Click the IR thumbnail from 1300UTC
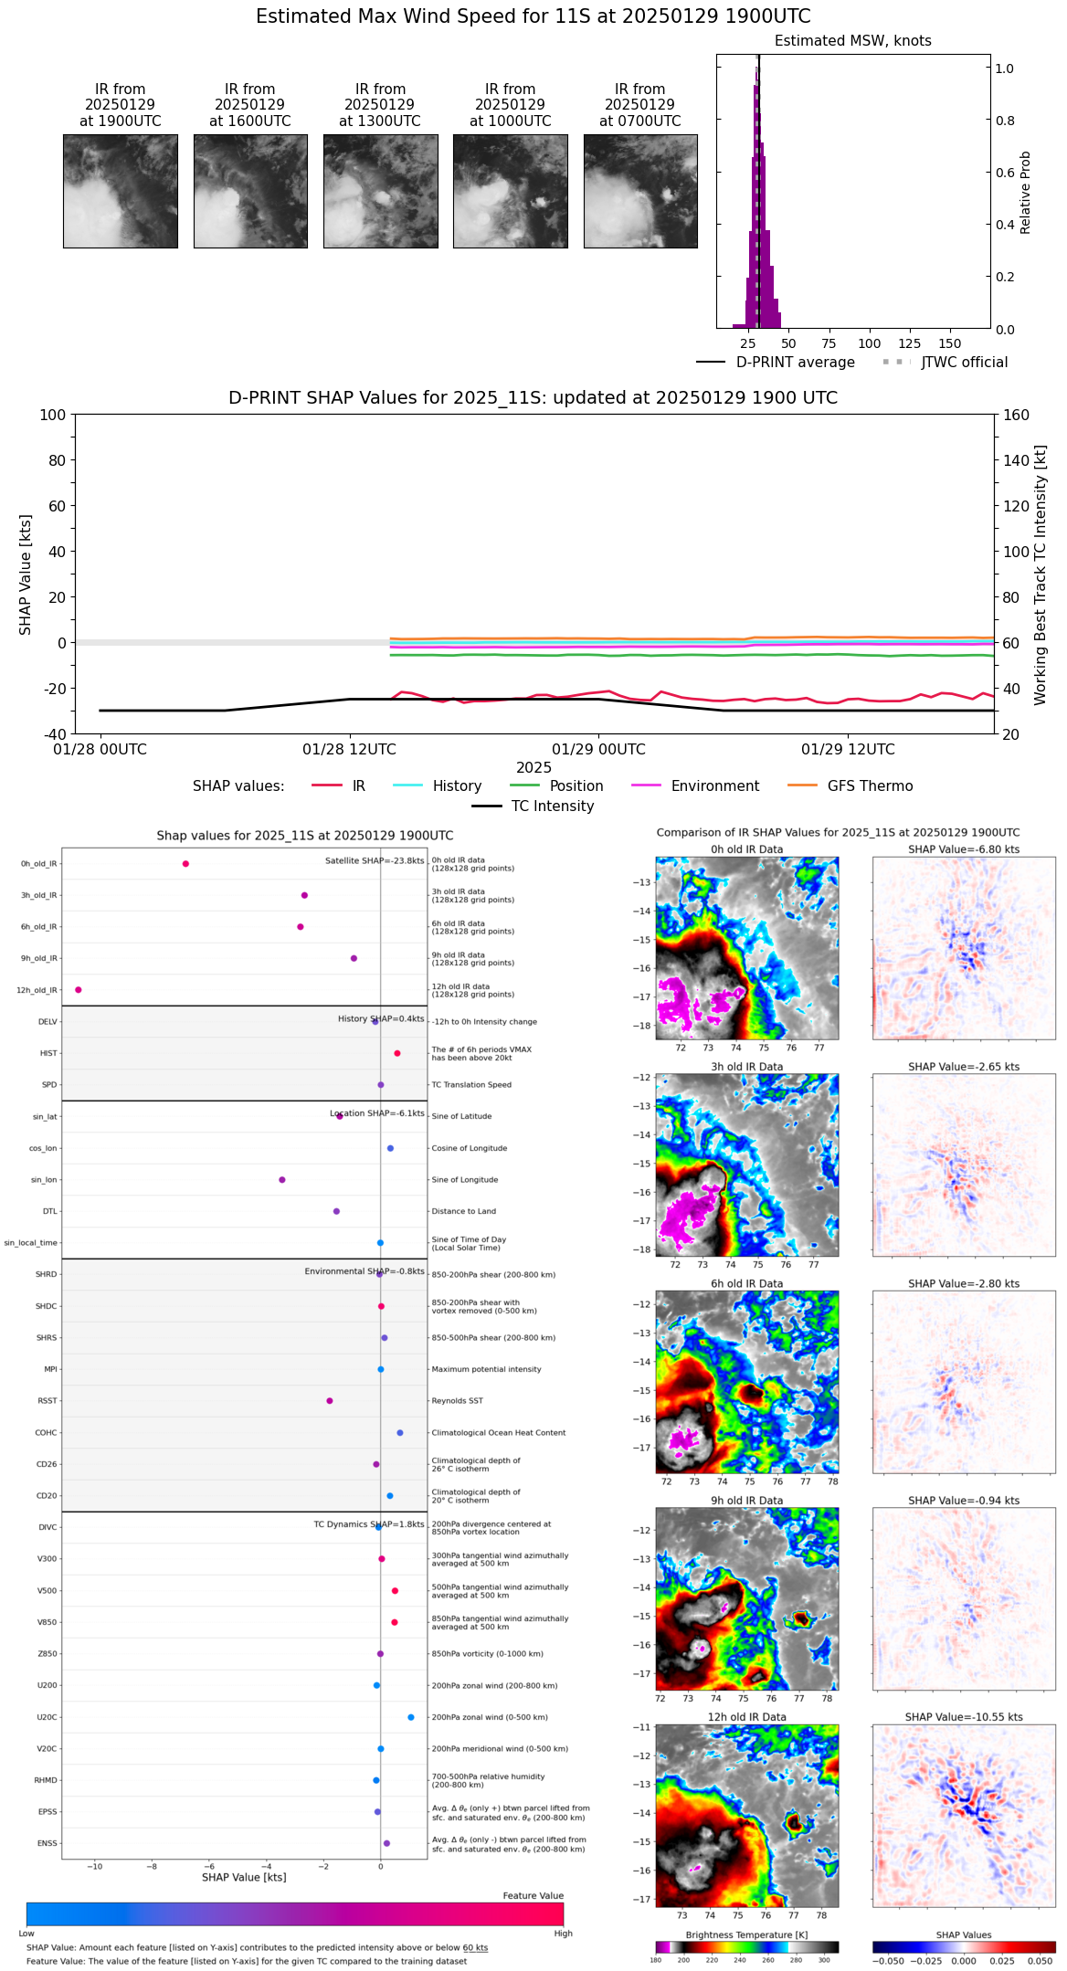click(x=380, y=191)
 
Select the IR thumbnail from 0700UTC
click(x=640, y=191)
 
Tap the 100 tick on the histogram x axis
click(x=869, y=343)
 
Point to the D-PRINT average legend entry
click(x=795, y=363)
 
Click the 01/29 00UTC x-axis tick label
click(x=599, y=750)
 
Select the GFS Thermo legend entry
click(x=870, y=786)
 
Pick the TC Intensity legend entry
click(x=552, y=806)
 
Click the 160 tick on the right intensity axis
click(x=1016, y=416)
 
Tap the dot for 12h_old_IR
click(x=79, y=989)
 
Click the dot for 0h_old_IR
click(x=185, y=863)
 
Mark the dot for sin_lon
click(x=282, y=1179)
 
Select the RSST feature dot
click(x=330, y=1400)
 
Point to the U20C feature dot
click(x=411, y=1717)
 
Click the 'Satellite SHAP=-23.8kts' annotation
click(x=375, y=860)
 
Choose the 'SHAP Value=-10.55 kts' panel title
click(x=964, y=1717)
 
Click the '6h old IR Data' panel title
click(x=746, y=1283)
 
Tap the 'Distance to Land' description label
click(x=464, y=1211)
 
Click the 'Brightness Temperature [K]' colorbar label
click(x=746, y=1934)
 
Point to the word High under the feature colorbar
click(x=563, y=1933)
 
